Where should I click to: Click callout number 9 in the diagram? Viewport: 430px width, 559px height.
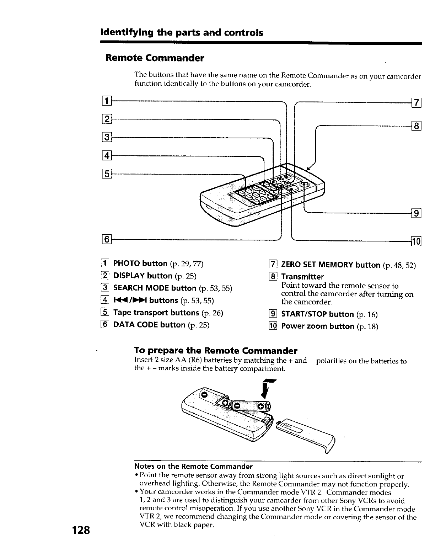tap(416, 213)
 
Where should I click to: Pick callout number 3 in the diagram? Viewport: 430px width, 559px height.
tap(107, 137)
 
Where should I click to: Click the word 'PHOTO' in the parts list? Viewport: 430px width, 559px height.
tap(126, 263)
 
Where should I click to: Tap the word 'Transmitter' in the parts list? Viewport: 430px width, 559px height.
tap(302, 277)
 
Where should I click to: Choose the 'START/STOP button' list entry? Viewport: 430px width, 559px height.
tap(318, 314)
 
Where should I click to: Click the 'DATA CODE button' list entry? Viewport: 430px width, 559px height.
tap(149, 325)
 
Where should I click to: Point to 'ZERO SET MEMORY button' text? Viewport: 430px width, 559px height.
tap(330, 265)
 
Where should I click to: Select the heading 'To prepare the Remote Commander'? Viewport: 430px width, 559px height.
tap(216, 351)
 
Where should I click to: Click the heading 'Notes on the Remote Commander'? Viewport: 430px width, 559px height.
tap(193, 466)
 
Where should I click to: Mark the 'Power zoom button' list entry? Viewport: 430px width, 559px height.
tap(318, 326)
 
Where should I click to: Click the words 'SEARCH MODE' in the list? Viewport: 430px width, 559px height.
tap(141, 288)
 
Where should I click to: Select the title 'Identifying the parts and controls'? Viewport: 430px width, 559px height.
tap(182, 33)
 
